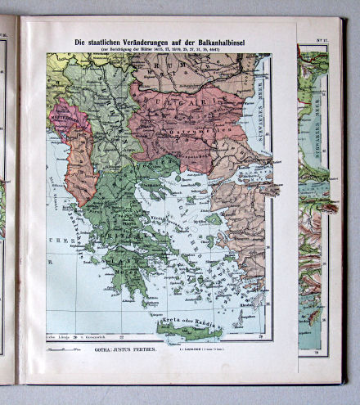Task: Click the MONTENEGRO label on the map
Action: pos(65,116)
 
